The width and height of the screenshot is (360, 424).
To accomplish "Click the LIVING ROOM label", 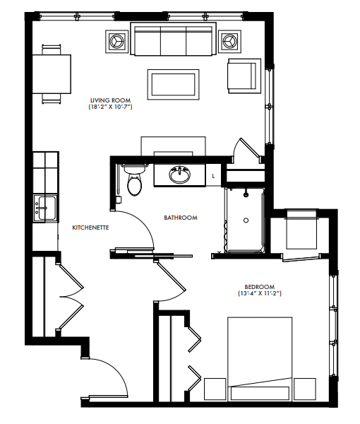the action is click(110, 100).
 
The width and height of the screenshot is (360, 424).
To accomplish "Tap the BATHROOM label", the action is click(181, 218).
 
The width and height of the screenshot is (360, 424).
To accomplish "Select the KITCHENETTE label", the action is click(90, 228).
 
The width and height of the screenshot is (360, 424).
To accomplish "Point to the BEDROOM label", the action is click(260, 287).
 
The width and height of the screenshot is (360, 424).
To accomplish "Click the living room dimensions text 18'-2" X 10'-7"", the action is click(110, 107).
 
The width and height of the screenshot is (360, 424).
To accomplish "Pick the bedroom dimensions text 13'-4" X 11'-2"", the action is click(260, 293).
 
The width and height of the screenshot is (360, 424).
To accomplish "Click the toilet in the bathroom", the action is click(134, 179).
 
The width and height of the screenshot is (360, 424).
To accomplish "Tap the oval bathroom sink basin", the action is click(180, 175).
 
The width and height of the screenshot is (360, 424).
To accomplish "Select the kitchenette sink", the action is click(45, 208).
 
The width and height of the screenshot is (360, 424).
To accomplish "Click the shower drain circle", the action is click(246, 220).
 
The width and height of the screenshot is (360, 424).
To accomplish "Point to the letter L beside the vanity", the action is click(213, 176).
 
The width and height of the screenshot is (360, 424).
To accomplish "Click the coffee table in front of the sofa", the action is click(174, 84).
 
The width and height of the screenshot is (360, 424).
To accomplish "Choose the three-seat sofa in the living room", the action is click(174, 39).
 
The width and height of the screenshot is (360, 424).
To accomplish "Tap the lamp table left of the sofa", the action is click(116, 42).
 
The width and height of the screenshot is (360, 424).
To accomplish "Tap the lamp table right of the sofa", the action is click(229, 42).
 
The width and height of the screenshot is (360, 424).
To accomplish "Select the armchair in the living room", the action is click(244, 76).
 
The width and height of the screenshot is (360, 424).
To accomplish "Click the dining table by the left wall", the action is click(52, 74).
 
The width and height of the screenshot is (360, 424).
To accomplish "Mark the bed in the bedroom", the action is click(260, 359).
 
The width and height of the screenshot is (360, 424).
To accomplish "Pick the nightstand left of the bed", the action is click(215, 389).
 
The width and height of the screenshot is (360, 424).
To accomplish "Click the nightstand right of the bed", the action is click(305, 389).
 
